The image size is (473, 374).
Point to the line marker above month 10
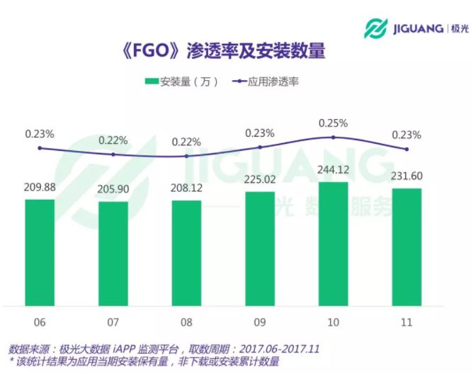point(334,138)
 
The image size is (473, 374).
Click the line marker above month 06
point(40,148)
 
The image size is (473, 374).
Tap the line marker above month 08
point(186,156)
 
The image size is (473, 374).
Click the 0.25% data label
point(334,123)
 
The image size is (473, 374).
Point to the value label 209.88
point(40,188)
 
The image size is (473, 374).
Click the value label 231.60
point(406,176)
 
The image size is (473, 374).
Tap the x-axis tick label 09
point(260,322)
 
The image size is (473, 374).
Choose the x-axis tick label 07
point(113,322)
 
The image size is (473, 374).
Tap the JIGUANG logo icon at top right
point(376,28)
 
